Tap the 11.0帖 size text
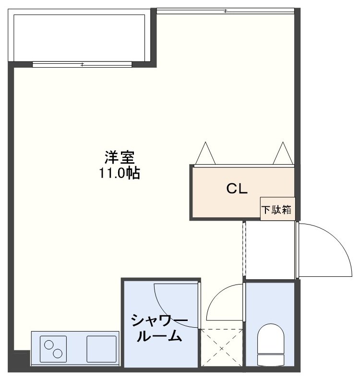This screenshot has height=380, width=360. point(119,173)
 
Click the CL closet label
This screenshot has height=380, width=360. point(237,189)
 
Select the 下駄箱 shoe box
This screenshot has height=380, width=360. point(278,209)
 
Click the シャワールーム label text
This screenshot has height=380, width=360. point(159,328)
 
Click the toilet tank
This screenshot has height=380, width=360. point(271,360)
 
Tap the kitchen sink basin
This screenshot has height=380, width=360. point(101,349)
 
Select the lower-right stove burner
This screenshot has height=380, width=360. point(58,354)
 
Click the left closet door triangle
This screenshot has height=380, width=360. point(205,153)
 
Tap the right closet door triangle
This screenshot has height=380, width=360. point(283,153)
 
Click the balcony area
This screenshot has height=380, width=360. point(79,37)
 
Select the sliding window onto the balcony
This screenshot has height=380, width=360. point(82,64)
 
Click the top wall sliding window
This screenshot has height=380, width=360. point(226,11)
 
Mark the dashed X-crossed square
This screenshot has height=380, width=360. point(222,348)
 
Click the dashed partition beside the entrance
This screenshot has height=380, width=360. point(244,249)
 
